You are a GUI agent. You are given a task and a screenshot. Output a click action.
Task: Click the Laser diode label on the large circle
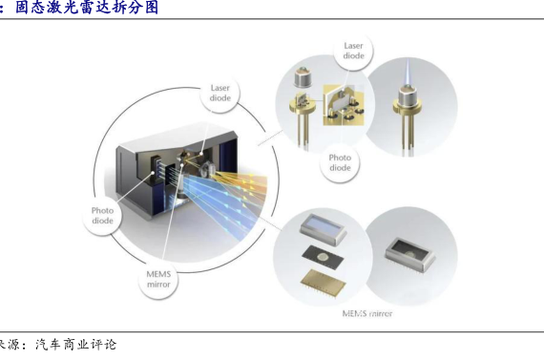[x=220, y=93]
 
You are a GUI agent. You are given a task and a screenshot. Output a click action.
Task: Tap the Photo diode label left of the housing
[x=102, y=215]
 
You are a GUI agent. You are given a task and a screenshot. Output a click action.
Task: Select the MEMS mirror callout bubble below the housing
[x=158, y=279]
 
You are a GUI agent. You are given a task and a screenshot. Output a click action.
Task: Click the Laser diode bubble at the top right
[x=353, y=51]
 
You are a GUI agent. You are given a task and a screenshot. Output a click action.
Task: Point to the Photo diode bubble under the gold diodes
[x=340, y=162]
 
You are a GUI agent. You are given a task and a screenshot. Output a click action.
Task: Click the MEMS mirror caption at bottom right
[x=367, y=314]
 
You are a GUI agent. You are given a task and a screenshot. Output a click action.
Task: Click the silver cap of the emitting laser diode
[x=408, y=95]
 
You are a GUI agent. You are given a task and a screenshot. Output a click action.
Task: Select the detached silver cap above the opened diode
[x=303, y=76]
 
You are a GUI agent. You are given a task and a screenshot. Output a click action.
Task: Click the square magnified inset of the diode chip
[x=344, y=105]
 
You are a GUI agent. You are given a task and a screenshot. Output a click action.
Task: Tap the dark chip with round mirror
[x=324, y=258]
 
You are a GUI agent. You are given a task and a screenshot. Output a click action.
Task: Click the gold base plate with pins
[x=323, y=282]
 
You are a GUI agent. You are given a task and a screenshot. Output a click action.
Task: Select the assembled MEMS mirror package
[x=409, y=254]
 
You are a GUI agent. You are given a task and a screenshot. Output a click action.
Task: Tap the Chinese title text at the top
[x=87, y=8]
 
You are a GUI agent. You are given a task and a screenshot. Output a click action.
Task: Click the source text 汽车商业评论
[x=75, y=345]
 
